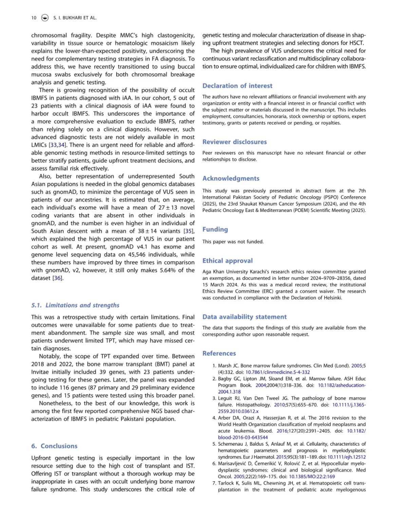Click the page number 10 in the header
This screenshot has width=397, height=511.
pyautogui.click(x=34, y=18)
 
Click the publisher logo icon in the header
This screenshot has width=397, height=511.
pyautogui.click(x=45, y=18)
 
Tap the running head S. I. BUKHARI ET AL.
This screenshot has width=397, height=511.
pyautogui.click(x=75, y=18)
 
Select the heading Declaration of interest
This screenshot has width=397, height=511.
pyautogui.click(x=237, y=86)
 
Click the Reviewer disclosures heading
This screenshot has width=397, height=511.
pyautogui.click(x=234, y=142)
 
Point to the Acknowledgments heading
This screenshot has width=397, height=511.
pyautogui.click(x=231, y=179)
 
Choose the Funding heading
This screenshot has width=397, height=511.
pyautogui.click(x=215, y=229)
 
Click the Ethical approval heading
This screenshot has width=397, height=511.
pyautogui.click(x=227, y=261)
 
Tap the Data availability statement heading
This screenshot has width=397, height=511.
pyautogui.click(x=244, y=317)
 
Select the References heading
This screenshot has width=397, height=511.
pyautogui.click(x=219, y=354)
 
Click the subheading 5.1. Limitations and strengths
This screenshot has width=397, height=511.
pyautogui.click(x=75, y=305)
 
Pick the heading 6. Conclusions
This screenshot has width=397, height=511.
pyautogui.click(x=54, y=446)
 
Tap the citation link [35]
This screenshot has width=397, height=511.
pyautogui.click(x=189, y=231)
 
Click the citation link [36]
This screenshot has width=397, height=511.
pyautogui.click(x=58, y=278)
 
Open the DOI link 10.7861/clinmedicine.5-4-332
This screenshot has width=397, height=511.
pyautogui.click(x=278, y=372)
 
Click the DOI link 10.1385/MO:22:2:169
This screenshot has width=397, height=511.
pyautogui.click(x=312, y=477)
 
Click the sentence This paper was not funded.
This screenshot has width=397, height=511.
pyautogui.click(x=233, y=242)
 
